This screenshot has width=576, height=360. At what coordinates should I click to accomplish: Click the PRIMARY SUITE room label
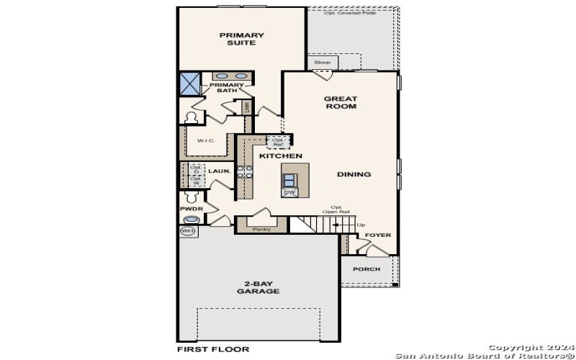pos(242,39)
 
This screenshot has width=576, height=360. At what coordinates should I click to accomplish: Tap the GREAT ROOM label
pos(340,102)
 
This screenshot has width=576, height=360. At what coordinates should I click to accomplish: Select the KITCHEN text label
pos(280,156)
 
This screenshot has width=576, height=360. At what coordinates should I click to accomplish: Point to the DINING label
pos(354,174)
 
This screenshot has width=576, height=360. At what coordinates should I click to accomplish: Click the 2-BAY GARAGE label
pos(258,287)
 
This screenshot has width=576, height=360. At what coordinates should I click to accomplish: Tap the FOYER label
pos(377,235)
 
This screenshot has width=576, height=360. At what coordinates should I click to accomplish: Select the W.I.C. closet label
pos(206,140)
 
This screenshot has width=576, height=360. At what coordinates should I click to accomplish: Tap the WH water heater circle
pos(187,231)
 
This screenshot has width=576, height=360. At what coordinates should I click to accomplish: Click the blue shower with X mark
pos(190,84)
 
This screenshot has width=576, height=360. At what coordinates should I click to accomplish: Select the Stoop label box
pos(322,63)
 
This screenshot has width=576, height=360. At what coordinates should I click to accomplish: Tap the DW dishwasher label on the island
pos(289,192)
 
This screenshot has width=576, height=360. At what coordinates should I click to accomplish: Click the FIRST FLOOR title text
pos(212,349)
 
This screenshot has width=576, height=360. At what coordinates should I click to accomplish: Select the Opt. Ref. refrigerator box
pos(277,142)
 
